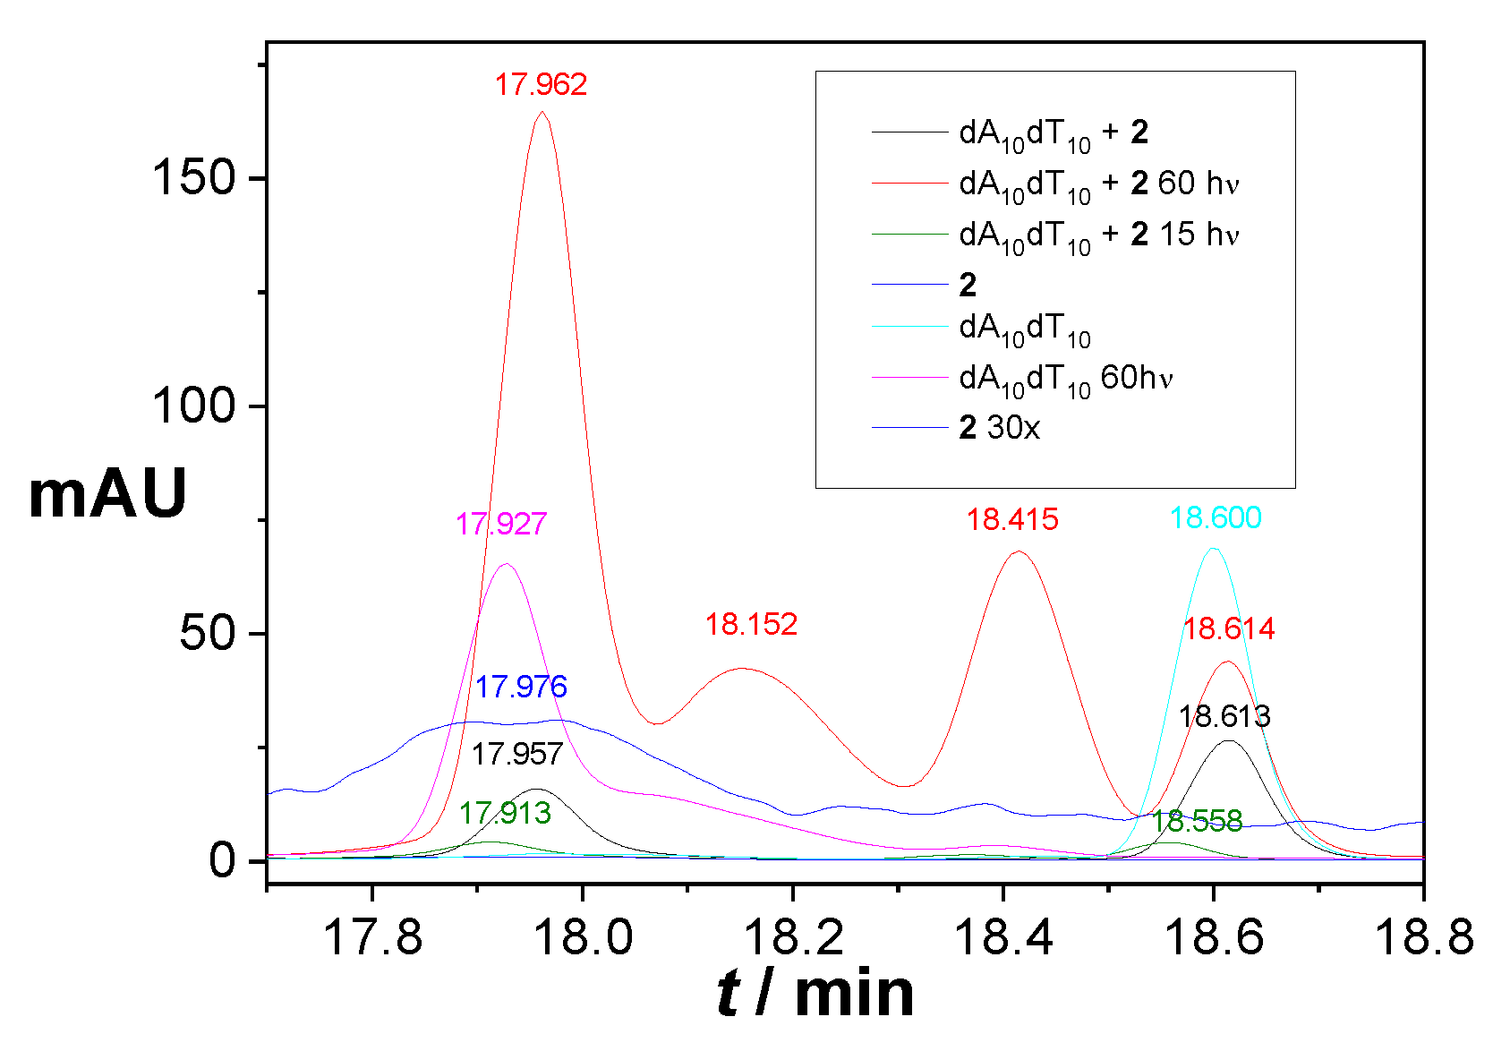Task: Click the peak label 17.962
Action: click(x=541, y=84)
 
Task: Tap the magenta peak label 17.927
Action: click(x=501, y=524)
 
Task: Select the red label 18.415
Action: click(x=1012, y=519)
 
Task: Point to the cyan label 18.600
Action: click(x=1216, y=517)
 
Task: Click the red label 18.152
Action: click(x=751, y=624)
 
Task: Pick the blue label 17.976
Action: click(x=521, y=687)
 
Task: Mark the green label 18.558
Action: click(x=1197, y=821)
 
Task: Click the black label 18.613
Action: click(x=1224, y=716)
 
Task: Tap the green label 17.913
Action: click(x=505, y=813)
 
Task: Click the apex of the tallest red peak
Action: click(x=542, y=112)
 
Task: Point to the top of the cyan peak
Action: click(x=1213, y=549)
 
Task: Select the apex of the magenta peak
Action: click(x=507, y=564)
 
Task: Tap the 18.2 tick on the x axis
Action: click(x=793, y=885)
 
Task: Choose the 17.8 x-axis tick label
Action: click(x=371, y=937)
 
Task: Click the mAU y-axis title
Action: click(x=107, y=494)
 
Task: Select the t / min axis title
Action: click(x=815, y=994)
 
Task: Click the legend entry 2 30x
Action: click(x=999, y=428)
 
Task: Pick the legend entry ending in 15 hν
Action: click(x=1098, y=235)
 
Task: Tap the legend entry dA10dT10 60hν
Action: click(x=1065, y=378)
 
